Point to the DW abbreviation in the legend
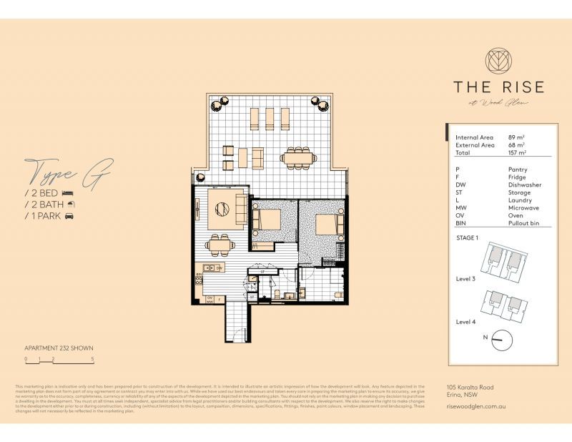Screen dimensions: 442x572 pyautogui.click(x=460, y=185)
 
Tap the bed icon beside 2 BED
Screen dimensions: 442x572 pyautogui.click(x=68, y=193)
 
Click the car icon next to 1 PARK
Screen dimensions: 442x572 pyautogui.click(x=70, y=215)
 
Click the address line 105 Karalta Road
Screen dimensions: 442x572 pyautogui.click(x=470, y=387)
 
